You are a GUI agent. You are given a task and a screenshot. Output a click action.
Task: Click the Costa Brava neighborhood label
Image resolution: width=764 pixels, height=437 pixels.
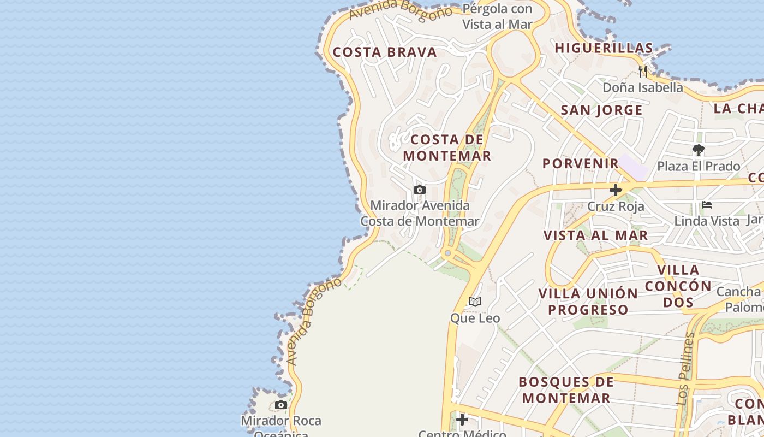pyautogui.click(x=385, y=52)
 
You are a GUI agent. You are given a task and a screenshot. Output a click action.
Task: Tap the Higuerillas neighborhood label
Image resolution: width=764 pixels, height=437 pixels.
pyautogui.click(x=604, y=48)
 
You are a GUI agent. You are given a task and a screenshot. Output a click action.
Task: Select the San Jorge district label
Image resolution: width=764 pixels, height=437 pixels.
pyautogui.click(x=601, y=110)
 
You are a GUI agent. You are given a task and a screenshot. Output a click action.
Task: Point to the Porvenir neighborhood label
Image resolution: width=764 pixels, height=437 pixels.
pyautogui.click(x=581, y=163)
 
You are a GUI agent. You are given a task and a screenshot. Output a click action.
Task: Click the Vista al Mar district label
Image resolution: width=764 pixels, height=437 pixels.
pyautogui.click(x=595, y=235)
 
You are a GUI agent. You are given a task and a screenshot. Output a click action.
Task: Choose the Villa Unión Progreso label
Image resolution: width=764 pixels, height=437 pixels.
pyautogui.click(x=588, y=302)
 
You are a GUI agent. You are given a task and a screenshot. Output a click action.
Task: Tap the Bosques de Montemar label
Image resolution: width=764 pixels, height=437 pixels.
pyautogui.click(x=566, y=390)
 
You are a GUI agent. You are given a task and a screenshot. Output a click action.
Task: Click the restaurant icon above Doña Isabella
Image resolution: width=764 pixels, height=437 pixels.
pyautogui.click(x=643, y=71)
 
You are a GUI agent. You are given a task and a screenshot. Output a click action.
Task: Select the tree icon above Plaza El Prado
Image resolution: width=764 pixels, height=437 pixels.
pyautogui.click(x=698, y=150)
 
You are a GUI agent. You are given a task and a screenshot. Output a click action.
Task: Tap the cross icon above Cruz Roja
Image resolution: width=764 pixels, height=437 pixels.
pyautogui.click(x=616, y=190)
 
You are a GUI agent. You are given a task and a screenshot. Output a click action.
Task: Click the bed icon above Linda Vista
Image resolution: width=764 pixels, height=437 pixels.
pyautogui.click(x=707, y=205)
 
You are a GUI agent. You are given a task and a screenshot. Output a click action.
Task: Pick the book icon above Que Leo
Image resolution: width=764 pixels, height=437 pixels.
pyautogui.click(x=475, y=302)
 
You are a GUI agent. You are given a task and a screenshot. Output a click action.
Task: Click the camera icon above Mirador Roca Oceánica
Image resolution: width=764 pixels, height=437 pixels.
pyautogui.click(x=281, y=405)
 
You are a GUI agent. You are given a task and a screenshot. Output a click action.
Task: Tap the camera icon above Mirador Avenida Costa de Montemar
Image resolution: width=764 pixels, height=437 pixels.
pyautogui.click(x=419, y=190)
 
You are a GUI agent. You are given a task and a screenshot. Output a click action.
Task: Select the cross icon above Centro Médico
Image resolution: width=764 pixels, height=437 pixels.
pyautogui.click(x=462, y=420)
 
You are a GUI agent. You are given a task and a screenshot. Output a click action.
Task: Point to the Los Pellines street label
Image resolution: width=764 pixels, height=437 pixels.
pyautogui.click(x=687, y=369)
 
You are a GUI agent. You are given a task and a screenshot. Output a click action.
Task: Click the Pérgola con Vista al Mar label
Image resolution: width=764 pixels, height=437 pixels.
pyautogui.click(x=497, y=16)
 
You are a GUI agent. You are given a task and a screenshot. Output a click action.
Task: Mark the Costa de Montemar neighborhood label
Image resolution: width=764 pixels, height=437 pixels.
pyautogui.click(x=447, y=147)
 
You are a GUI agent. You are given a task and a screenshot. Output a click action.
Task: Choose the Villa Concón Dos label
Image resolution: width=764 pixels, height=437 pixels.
pyautogui.click(x=678, y=286)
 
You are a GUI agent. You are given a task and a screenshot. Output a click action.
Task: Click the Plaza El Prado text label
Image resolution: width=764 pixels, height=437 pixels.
pyautogui.click(x=699, y=166)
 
